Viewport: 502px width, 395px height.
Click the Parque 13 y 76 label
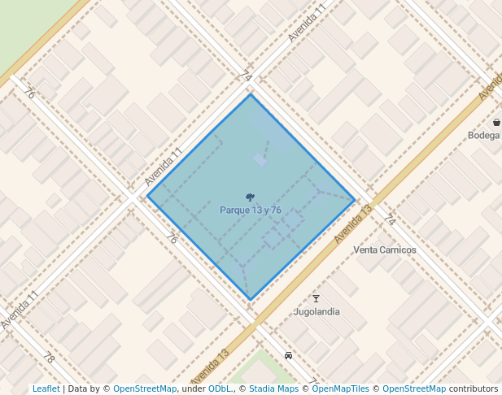tap(251, 211)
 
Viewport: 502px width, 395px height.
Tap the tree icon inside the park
tap(250, 197)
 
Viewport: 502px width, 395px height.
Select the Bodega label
tap(483, 136)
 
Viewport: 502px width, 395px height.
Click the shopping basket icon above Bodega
tap(496, 123)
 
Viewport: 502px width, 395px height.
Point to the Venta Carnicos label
tap(385, 250)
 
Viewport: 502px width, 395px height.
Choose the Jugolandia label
tap(316, 311)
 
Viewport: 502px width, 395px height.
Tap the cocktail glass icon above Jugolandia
tap(316, 298)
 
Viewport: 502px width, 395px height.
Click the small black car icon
tap(289, 355)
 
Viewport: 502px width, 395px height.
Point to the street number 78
tap(49, 357)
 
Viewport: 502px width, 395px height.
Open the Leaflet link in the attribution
tap(46, 389)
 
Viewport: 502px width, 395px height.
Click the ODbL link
tap(220, 389)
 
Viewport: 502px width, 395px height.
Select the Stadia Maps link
tap(273, 389)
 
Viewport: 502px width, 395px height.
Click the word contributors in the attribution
tap(474, 389)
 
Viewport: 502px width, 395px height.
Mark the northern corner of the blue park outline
tap(250, 94)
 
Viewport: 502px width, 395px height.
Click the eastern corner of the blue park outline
tap(355, 199)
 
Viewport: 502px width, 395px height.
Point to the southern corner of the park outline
tap(250, 300)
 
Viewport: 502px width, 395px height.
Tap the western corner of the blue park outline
tap(147, 196)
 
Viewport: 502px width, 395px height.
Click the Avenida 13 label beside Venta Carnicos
tap(353, 223)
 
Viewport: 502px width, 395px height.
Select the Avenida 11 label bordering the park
tap(163, 166)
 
